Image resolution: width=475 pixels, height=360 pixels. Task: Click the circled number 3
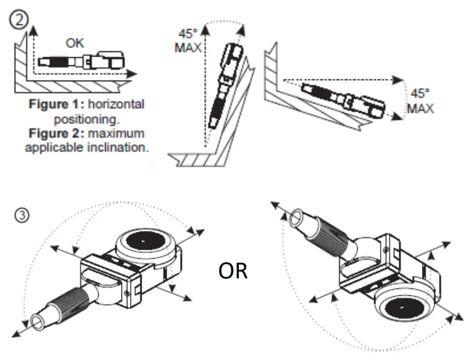pyautogui.click(x=18, y=217)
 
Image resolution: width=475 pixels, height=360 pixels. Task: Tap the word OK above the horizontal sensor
pyautogui.click(x=74, y=43)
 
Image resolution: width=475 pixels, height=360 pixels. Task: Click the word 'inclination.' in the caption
pyautogui.click(x=119, y=147)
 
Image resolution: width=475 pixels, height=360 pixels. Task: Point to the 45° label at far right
pyautogui.click(x=420, y=94)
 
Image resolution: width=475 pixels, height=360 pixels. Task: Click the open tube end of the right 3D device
pyautogui.click(x=297, y=218)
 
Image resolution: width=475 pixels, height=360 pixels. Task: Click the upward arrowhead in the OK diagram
pyautogui.click(x=33, y=31)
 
